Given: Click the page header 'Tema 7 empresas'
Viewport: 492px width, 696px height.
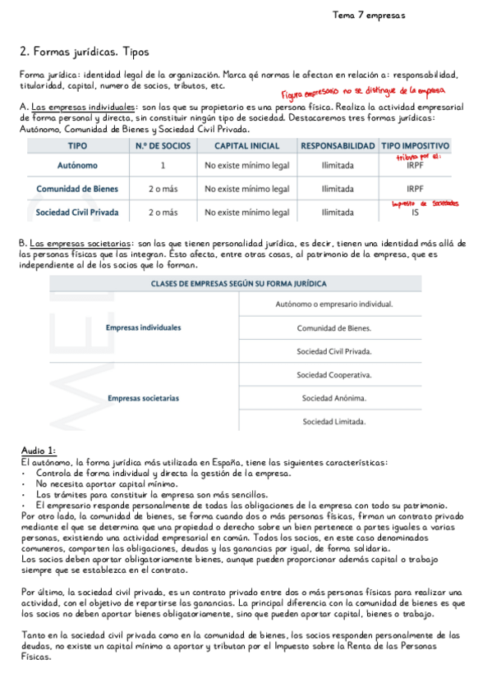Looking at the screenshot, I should click(x=368, y=15).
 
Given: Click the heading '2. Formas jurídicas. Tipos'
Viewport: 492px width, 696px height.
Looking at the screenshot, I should click(x=84, y=52).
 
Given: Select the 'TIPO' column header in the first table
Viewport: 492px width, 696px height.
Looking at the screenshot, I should click(x=76, y=145).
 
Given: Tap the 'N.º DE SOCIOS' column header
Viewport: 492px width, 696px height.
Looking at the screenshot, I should click(x=163, y=145).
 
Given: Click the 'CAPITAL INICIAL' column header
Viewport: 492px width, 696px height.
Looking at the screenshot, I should click(x=246, y=145).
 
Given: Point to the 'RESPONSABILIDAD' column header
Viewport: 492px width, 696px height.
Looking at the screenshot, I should click(x=338, y=145).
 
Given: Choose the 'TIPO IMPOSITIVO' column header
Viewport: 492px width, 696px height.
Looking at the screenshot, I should click(x=414, y=145).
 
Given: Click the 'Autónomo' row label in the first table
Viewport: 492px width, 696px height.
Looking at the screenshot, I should click(x=76, y=165).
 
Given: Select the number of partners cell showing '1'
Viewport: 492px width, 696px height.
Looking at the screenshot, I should click(x=163, y=165).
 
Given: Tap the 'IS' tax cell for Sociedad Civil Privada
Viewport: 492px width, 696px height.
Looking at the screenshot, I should click(x=415, y=213).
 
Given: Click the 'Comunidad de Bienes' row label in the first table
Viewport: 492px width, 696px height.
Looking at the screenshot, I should click(x=76, y=189).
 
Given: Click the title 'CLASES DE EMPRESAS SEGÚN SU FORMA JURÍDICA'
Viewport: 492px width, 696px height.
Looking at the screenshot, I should click(x=238, y=283).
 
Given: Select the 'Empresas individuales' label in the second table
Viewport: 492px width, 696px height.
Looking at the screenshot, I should click(x=144, y=327).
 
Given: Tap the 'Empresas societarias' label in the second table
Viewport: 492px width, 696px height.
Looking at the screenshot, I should click(x=144, y=399).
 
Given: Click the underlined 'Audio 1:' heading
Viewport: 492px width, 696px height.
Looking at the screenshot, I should click(x=38, y=451).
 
